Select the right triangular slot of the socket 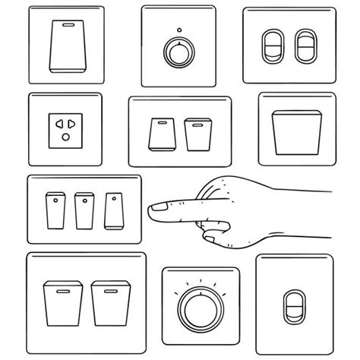click(72, 124)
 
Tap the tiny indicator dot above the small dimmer click(176, 30)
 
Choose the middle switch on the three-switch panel click(84, 210)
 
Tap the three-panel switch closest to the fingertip click(113, 210)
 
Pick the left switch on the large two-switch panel click(61, 302)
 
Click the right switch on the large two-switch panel click(107, 302)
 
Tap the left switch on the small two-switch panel click(161, 135)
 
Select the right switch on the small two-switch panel click(196, 135)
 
